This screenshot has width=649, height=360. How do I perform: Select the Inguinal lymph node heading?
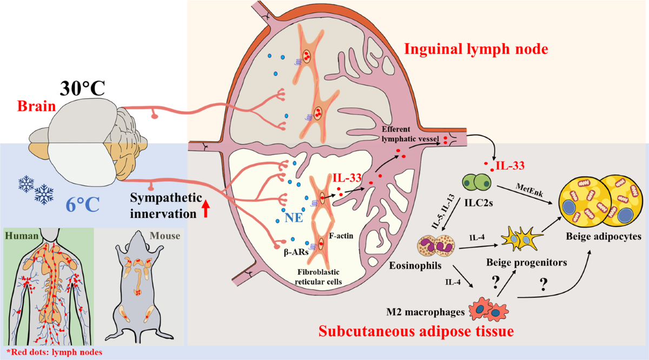click(476, 50)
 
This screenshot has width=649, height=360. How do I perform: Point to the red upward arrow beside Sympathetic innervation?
click(206, 209)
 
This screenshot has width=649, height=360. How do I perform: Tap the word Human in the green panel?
click(19, 236)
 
